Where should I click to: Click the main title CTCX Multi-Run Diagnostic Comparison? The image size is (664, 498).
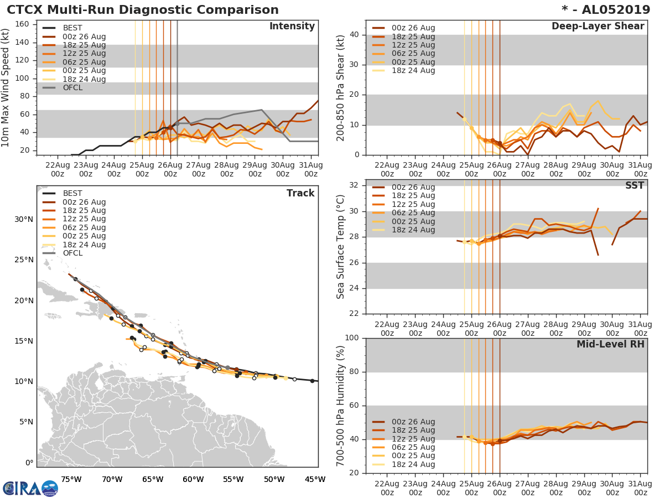click(143, 10)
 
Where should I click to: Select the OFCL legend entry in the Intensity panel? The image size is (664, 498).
click(73, 87)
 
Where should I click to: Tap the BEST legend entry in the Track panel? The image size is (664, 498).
click(73, 194)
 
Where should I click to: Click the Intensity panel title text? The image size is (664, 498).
click(292, 27)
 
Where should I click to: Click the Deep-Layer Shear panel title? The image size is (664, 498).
click(598, 27)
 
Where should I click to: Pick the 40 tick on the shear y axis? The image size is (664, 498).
click(356, 35)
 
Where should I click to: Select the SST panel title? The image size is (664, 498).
click(635, 186)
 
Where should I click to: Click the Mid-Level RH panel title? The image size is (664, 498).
click(610, 345)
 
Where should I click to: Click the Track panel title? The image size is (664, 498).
click(300, 193)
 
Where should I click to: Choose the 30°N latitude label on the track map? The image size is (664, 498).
click(24, 219)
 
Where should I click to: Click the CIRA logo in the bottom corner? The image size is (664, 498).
click(30, 488)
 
